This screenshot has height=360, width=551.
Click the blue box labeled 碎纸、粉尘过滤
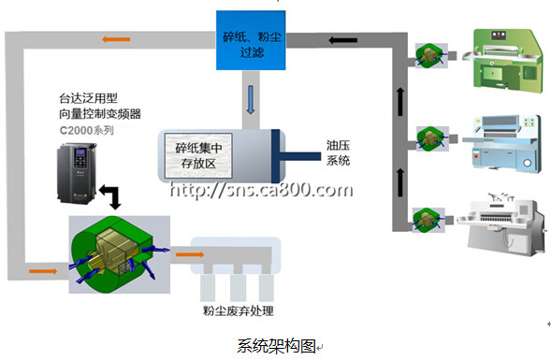tap(251, 40)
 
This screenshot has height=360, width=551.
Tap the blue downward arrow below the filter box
tap(251, 100)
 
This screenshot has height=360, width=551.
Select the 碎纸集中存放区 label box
tap(198, 155)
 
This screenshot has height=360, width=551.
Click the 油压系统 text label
tap(338, 152)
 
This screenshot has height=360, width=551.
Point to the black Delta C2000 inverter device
tap(77, 173)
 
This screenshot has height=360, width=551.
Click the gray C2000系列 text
tap(86, 131)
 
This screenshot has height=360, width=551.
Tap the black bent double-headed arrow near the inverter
tap(111, 197)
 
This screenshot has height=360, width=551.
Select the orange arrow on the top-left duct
tap(116, 39)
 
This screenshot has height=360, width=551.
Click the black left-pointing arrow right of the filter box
tap(343, 40)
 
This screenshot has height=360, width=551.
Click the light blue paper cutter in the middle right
tap(501, 143)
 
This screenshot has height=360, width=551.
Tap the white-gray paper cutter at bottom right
tap(501, 224)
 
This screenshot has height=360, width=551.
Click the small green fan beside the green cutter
tap(431, 55)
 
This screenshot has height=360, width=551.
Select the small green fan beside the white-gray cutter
tap(428, 221)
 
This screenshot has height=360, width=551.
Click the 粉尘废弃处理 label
tap(238, 311)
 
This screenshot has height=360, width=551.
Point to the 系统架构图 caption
tap(277, 346)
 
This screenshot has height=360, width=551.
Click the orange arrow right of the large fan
tap(190, 254)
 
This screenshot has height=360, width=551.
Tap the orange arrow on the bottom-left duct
tap(43, 271)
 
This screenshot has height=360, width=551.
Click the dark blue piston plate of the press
tap(275, 156)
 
